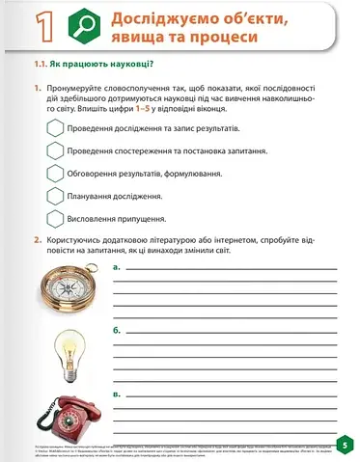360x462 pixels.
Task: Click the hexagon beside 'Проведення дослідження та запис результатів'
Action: click(x=54, y=127)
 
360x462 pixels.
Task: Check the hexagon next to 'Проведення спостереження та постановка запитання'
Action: click(x=54, y=150)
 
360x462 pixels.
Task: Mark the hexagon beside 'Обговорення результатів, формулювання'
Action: click(x=54, y=173)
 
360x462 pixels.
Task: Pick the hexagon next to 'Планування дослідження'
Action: click(x=54, y=196)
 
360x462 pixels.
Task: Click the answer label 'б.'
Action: click(x=117, y=329)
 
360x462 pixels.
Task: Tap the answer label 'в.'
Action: click(x=117, y=394)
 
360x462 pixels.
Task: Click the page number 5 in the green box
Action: click(x=345, y=445)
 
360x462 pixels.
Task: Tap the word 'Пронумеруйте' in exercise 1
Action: click(x=74, y=88)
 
